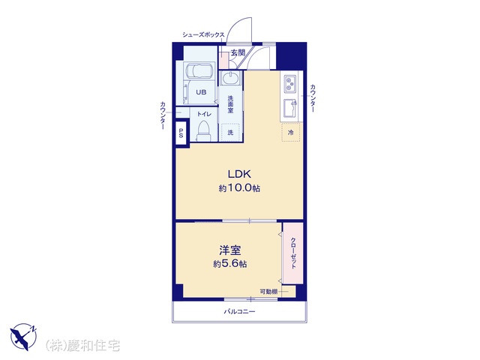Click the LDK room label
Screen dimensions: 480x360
(x=239, y=174)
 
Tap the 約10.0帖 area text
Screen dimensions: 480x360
(x=239, y=187)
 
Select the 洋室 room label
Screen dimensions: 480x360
(x=230, y=250)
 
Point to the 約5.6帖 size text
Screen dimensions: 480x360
(x=230, y=263)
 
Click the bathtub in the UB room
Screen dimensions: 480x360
(x=200, y=71)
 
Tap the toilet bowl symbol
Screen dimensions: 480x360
(x=203, y=131)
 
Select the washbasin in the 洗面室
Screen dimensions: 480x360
(x=231, y=78)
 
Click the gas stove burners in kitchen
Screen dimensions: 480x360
(x=289, y=83)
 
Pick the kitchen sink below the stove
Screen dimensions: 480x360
(x=289, y=109)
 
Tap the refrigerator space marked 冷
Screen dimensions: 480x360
(x=291, y=132)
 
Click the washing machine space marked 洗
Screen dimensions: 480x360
(x=230, y=132)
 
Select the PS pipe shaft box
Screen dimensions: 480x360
(x=181, y=133)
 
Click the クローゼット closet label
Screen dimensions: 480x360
(x=293, y=253)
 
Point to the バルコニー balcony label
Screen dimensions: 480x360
(x=239, y=312)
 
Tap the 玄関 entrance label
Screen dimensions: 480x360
(x=238, y=53)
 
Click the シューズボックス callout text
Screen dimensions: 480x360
(x=203, y=34)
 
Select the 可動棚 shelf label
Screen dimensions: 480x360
(x=268, y=292)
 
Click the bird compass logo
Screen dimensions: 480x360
(x=23, y=337)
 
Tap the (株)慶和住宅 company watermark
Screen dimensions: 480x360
(x=82, y=345)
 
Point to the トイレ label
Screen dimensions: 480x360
(x=204, y=114)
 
